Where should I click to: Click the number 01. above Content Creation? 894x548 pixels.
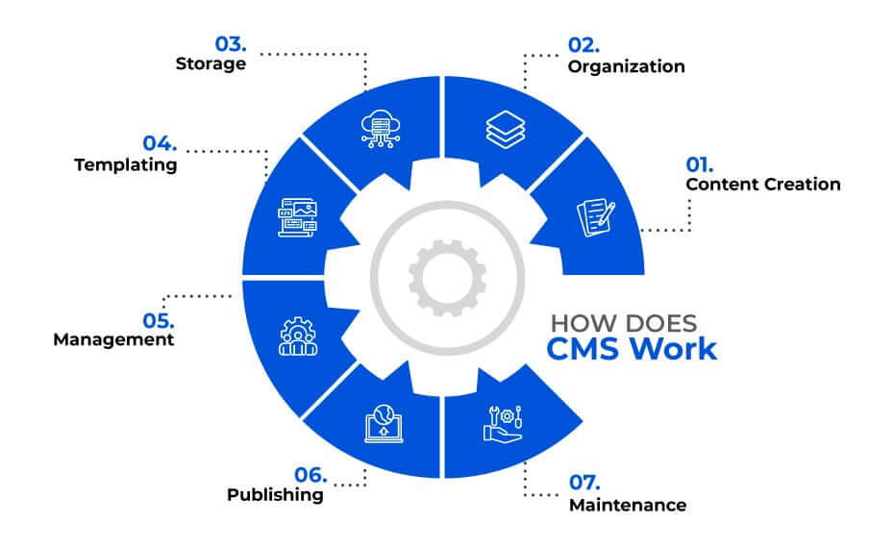click(699, 164)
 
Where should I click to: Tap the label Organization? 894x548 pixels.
click(626, 66)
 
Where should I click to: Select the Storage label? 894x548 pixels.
click(211, 63)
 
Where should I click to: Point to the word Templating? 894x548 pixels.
click(125, 164)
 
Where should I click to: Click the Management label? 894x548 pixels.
click(113, 339)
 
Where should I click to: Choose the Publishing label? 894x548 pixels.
click(275, 494)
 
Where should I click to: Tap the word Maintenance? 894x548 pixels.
click(627, 505)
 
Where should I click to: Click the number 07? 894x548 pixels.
click(584, 483)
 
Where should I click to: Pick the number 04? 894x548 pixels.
click(160, 143)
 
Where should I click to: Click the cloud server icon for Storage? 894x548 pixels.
click(381, 129)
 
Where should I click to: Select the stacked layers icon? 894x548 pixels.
click(505, 130)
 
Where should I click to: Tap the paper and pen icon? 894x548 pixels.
click(596, 217)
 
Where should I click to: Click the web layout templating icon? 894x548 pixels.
click(297, 217)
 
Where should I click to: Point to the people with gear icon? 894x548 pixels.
click(298, 336)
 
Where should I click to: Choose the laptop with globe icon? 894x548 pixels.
click(384, 424)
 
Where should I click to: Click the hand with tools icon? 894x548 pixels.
click(503, 424)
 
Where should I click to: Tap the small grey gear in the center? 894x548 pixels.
click(448, 278)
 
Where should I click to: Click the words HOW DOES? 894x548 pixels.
click(624, 324)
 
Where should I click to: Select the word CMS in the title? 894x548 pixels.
click(584, 349)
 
